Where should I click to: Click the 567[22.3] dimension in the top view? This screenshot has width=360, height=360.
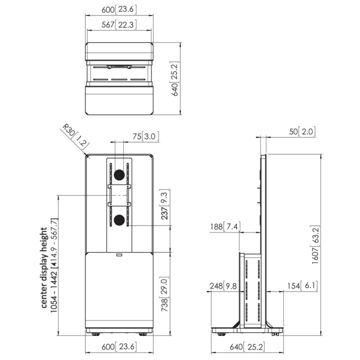[119, 24]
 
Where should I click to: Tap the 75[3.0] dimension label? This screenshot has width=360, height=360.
[145, 136]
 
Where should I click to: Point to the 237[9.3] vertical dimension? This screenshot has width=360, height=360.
[165, 205]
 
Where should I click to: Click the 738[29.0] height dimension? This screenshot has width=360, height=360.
[165, 294]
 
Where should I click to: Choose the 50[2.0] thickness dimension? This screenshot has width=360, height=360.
[302, 131]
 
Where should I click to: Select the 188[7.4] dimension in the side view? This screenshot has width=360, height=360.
[225, 227]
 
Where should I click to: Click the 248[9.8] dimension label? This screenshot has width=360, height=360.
[223, 286]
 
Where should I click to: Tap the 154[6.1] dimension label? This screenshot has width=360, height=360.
[302, 286]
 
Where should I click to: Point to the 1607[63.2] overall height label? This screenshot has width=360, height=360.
[315, 244]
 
